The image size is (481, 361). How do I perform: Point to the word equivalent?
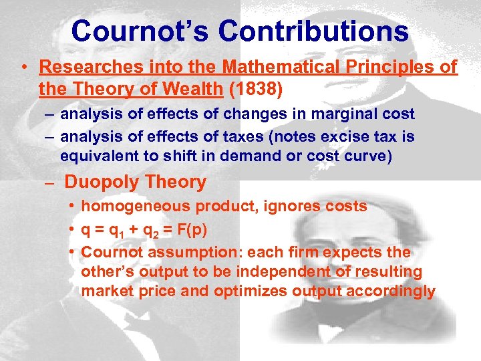point(100,156)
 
